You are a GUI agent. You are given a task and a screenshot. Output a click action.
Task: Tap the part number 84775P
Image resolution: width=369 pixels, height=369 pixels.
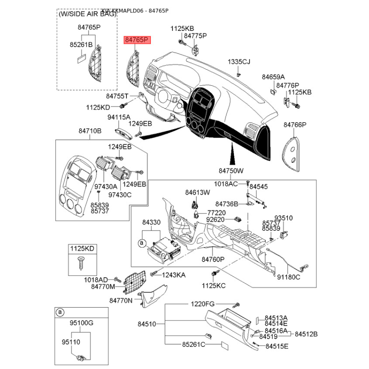pos(195,36)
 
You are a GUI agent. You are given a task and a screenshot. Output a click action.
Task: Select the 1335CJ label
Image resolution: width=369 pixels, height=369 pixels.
pos(238,62)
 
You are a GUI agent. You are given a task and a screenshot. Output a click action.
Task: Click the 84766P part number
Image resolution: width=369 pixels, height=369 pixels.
pos(295,125)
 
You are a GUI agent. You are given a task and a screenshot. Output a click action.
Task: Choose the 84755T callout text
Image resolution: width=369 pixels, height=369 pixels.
pos(118,96)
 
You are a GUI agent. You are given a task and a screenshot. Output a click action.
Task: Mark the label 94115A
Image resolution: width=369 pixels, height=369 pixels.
pos(119,117)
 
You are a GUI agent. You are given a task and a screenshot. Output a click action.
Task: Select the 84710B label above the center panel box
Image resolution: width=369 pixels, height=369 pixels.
pos(89,131)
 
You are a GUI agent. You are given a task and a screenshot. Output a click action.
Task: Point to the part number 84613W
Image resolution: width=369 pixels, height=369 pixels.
pos(197,192)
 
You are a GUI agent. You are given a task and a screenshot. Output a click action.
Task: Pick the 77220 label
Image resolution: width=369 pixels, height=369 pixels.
pos(216,213)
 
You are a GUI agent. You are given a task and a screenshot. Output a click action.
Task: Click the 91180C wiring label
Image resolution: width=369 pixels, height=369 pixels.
pos(288,277)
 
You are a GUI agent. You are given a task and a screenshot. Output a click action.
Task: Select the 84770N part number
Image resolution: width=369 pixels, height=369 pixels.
pos(121,301)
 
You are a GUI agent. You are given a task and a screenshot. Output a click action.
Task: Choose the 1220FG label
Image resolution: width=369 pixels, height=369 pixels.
pos(203,304)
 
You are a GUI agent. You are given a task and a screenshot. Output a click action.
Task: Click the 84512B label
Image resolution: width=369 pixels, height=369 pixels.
pos(307,334)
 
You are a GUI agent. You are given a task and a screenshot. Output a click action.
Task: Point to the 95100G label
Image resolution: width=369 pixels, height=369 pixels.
pos(81,323)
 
